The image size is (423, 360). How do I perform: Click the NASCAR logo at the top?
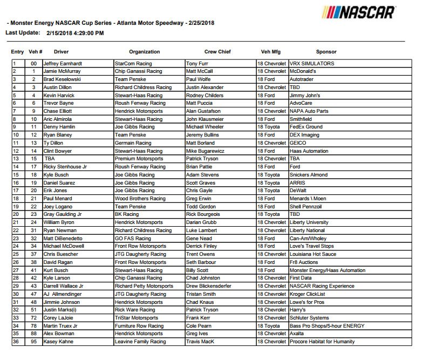click(358, 12)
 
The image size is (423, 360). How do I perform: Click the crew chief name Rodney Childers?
click(204, 95)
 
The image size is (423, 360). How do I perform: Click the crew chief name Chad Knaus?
click(199, 302)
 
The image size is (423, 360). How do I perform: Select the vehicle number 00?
click(33, 64)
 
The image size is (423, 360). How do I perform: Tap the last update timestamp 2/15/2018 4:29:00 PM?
click(75, 33)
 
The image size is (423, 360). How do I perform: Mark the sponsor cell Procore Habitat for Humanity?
click(323, 342)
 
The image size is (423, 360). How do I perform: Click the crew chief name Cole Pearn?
click(199, 326)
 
